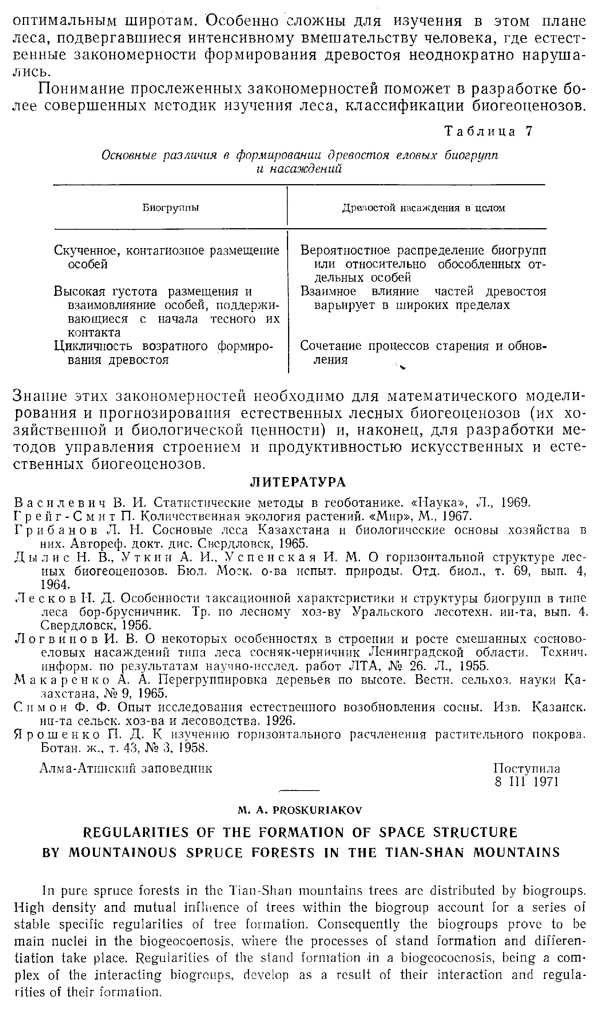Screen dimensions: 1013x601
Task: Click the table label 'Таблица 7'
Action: (x=488, y=131)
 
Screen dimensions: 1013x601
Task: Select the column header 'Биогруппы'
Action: (x=171, y=208)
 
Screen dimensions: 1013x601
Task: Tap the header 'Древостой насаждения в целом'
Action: (x=423, y=208)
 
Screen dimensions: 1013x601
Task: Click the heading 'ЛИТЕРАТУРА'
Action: (x=298, y=482)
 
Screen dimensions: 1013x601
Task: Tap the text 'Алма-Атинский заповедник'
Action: (x=126, y=768)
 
